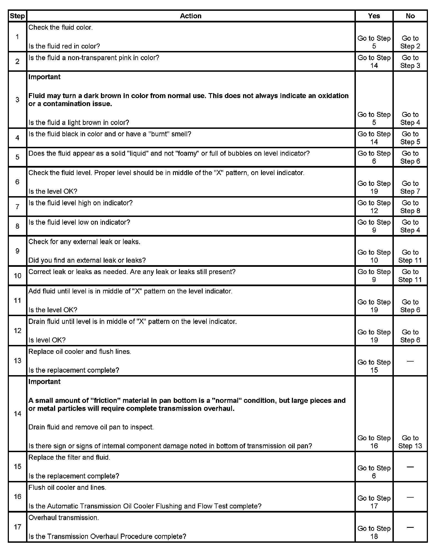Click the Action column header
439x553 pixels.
(191, 16)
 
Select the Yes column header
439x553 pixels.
(374, 16)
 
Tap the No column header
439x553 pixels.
(410, 16)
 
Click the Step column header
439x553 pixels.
(17, 16)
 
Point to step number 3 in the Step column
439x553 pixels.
(17, 100)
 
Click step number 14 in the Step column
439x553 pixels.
(17, 414)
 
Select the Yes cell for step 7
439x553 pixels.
(374, 207)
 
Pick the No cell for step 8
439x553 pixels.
(410, 226)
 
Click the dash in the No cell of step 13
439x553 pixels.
(410, 361)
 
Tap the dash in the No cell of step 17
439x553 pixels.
(410, 528)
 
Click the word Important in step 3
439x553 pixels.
(44, 77)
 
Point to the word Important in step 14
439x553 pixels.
(44, 382)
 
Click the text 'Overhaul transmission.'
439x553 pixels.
(63, 518)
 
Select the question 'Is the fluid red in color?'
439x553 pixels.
(64, 46)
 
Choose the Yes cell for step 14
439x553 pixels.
(374, 442)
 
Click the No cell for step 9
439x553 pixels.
(410, 256)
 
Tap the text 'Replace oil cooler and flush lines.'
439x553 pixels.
(80, 351)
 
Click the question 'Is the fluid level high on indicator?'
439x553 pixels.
(80, 203)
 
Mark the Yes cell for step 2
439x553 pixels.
(374, 62)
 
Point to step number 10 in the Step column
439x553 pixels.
(17, 276)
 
